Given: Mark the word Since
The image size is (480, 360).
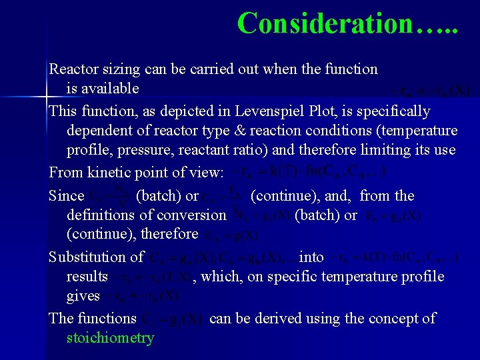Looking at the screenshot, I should (66, 196).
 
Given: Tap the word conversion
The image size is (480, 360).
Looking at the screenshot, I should (193, 215).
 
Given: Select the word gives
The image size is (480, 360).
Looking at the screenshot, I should (83, 295).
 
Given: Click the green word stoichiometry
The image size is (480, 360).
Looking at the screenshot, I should (110, 338).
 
